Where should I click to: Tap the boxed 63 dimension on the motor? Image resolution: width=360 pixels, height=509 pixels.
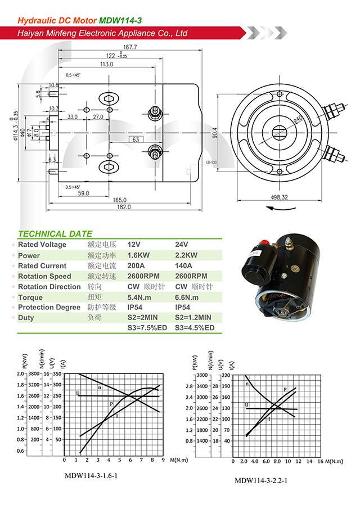136,139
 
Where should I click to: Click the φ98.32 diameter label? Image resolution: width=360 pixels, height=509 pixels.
279,197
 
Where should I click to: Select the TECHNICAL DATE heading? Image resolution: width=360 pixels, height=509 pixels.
55,234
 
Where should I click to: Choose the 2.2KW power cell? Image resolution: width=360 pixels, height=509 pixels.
186,255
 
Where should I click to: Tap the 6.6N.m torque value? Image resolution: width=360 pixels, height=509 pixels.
187,297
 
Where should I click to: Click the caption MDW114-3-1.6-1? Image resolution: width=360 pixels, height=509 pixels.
94,475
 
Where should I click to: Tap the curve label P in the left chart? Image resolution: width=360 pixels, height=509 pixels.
111,404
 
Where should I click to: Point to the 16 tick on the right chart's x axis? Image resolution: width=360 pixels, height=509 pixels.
319,461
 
